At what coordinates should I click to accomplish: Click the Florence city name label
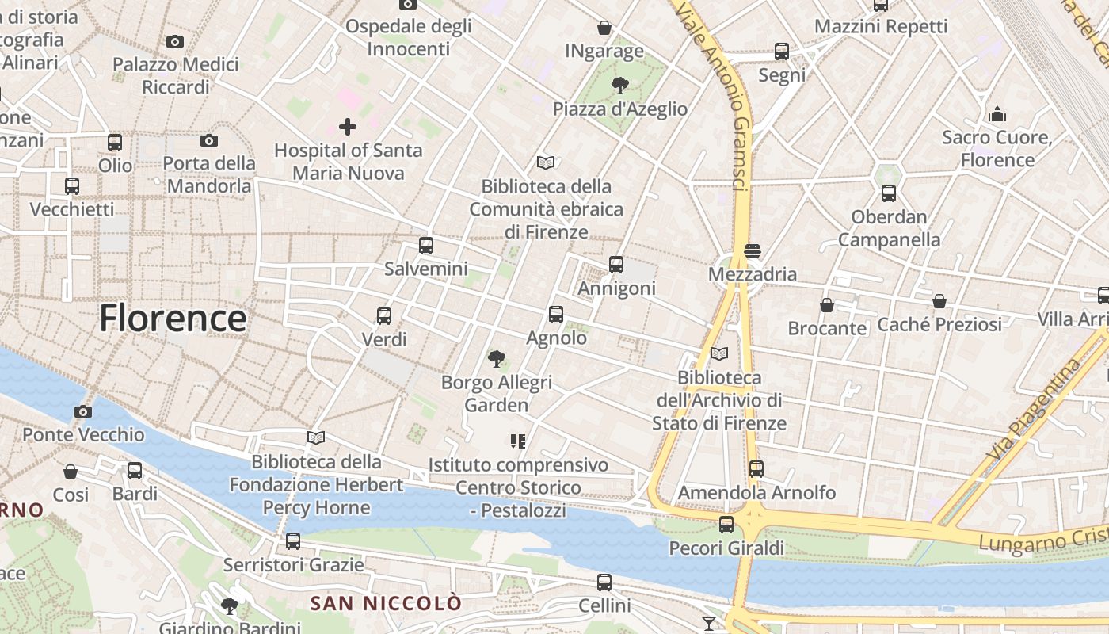pos(173,319)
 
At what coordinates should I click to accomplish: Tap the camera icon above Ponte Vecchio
pos(82,411)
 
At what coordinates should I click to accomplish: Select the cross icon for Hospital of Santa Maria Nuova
pos(347,126)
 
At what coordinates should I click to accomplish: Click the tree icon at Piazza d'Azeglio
pos(619,86)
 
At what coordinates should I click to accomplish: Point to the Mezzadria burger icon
pos(752,251)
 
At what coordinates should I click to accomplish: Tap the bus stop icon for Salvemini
pos(426,246)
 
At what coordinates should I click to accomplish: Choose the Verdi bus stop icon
pos(384,316)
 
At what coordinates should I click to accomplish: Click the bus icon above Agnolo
pos(556,315)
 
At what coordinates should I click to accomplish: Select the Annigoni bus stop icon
pos(616,265)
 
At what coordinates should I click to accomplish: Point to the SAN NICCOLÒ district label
pos(385,604)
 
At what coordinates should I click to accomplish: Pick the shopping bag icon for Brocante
pos(827,305)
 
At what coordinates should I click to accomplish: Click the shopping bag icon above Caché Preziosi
pos(939,301)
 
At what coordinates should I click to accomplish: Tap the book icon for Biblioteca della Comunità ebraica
pos(546,163)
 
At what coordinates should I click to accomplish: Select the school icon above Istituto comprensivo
pos(518,441)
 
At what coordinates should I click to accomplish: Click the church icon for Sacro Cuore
pos(997,114)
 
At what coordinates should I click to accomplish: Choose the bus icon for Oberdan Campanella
pos(889,193)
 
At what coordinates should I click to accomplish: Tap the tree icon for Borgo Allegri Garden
pos(497,359)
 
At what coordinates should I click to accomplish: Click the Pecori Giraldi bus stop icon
pos(726,525)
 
